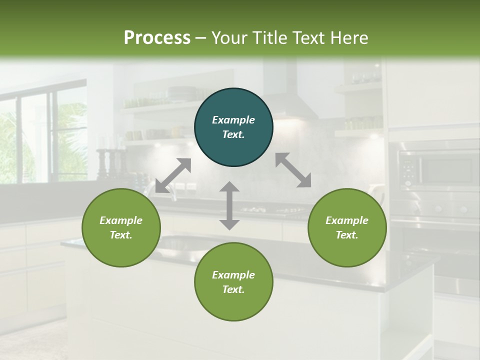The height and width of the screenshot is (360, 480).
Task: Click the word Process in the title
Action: click(157, 38)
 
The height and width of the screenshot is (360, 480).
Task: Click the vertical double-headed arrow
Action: click(229, 205)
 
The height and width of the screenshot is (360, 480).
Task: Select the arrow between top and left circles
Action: click(173, 175)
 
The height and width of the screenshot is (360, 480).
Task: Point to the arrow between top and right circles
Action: click(293, 170)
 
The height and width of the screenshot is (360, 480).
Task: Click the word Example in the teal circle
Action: click(233, 120)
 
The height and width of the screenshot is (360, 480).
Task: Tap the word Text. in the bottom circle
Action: click(233, 289)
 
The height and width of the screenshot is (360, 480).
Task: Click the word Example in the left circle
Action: click(121, 220)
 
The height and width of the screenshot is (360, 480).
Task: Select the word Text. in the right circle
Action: click(347, 235)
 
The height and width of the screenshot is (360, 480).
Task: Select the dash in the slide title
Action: click(201, 38)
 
